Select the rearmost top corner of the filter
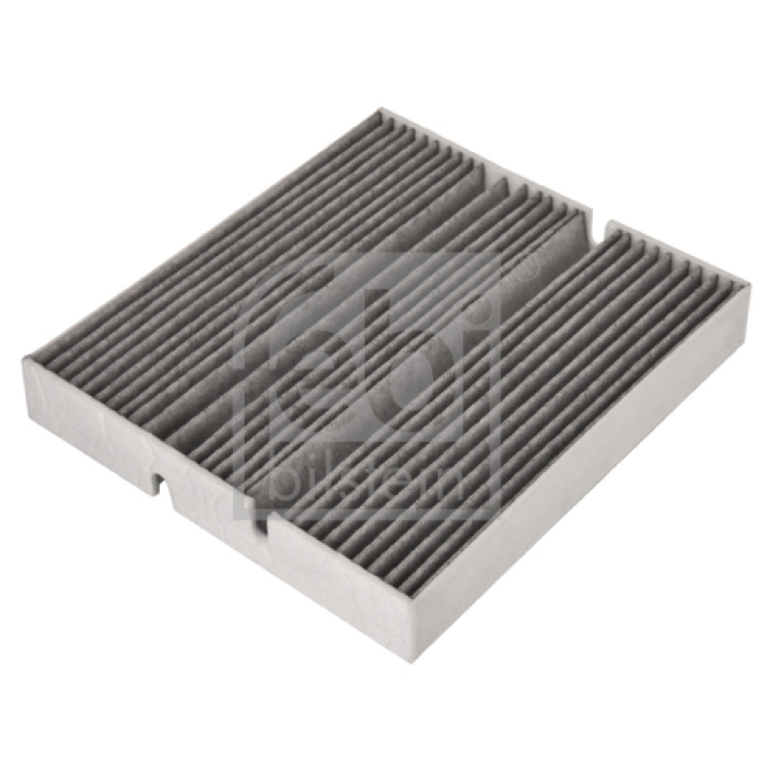[x=380, y=109]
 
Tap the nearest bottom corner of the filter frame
[x=411, y=662]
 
